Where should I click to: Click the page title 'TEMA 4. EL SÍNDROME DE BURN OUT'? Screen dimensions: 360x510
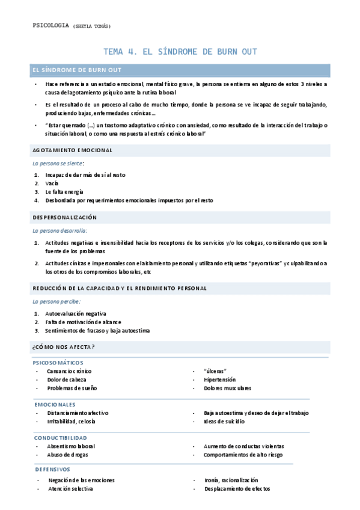pyautogui.click(x=180, y=52)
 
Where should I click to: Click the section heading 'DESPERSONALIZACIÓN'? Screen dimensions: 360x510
pyautogui.click(x=65, y=217)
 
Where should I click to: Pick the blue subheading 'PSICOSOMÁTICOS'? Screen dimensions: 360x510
pyautogui.click(x=58, y=363)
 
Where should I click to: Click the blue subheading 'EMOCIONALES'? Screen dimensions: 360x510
pyautogui.click(x=55, y=405)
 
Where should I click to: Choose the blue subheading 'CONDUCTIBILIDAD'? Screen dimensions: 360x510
pyautogui.click(x=61, y=438)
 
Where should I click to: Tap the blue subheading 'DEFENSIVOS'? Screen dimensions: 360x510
pyautogui.click(x=53, y=469)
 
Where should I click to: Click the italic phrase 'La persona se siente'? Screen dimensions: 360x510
pyautogui.click(x=58, y=163)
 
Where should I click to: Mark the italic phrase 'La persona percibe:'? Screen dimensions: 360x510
pyautogui.click(x=56, y=301)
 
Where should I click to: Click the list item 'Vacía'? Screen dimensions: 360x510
pyautogui.click(x=52, y=183)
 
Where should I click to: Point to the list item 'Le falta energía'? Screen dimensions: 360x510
pyautogui.click(x=64, y=191)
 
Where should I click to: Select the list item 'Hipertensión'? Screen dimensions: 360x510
pyautogui.click(x=219, y=379)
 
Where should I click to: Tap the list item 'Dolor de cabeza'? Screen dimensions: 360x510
pyautogui.click(x=67, y=379)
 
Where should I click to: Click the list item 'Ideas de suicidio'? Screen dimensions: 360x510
pyautogui.click(x=224, y=422)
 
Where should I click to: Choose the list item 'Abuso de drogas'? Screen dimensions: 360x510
pyautogui.click(x=68, y=455)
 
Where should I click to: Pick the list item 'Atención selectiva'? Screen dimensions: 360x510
pyautogui.click(x=70, y=489)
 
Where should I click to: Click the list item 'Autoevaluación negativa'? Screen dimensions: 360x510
pyautogui.click(x=76, y=313)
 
